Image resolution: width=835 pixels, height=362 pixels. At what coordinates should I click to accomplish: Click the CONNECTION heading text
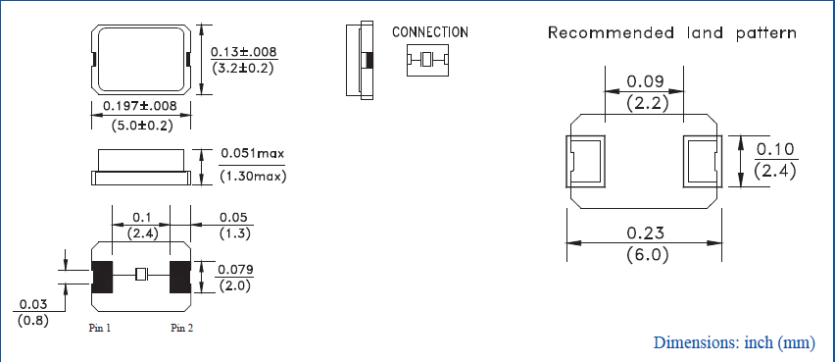point(429,32)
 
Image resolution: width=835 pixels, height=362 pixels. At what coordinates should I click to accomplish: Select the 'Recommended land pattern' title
point(671,33)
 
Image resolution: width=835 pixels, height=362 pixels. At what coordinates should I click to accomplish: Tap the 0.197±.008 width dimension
point(140,106)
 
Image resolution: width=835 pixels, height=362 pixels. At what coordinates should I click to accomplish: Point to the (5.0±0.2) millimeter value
point(140,125)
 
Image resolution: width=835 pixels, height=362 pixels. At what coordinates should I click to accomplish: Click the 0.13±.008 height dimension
point(244,51)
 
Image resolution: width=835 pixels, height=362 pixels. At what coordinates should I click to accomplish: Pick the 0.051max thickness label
point(252,154)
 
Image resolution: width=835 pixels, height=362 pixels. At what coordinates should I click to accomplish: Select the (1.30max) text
point(252,177)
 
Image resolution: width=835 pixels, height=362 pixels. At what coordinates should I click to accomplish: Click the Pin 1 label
point(100,328)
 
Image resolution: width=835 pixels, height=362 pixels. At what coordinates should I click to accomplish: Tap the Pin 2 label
point(181,328)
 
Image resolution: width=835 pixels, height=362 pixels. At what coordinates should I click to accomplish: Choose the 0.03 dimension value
point(28,305)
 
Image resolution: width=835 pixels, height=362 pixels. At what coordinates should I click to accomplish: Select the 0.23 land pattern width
point(646,233)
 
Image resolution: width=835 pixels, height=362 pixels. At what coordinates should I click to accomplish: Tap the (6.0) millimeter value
point(646,255)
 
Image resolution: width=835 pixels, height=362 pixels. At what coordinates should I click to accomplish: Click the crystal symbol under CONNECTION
point(427,61)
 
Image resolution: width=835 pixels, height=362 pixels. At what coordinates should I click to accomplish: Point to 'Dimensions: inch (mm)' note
point(734,342)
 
